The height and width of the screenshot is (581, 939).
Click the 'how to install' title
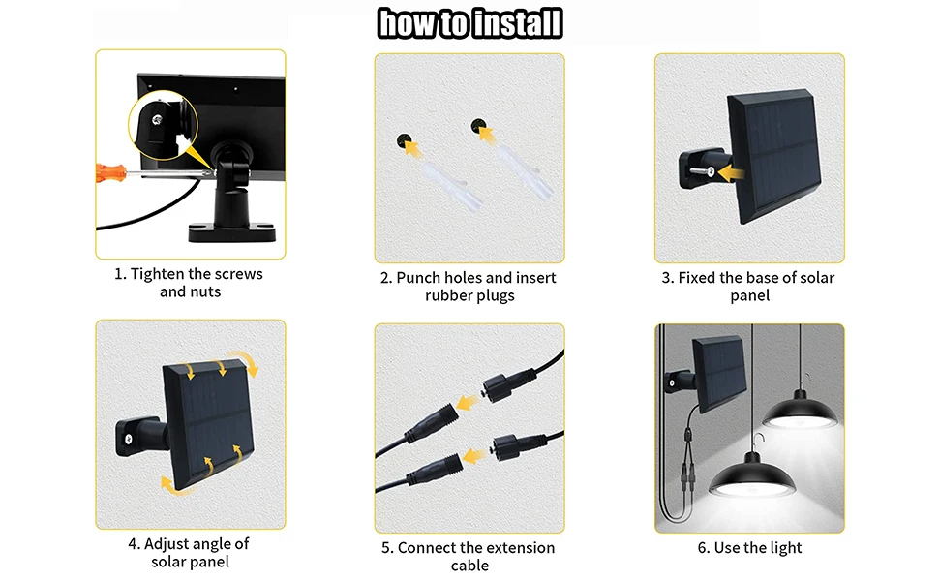pos(470,23)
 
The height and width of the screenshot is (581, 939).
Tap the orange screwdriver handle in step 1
pos(110,172)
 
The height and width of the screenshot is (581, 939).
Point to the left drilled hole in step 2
pos(405,140)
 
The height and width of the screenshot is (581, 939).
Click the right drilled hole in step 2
pos(478,127)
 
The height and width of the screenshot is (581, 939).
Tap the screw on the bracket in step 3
pos(703,172)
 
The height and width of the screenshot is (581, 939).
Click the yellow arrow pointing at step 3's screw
pos(731,173)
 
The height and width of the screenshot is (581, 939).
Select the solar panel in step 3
pos(773,156)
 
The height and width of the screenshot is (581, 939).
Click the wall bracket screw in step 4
pos(128,439)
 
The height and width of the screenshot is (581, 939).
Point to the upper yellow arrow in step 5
pos(468,400)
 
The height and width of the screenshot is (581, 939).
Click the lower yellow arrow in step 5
pos(473,456)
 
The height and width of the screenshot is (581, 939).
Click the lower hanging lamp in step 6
pos(751,476)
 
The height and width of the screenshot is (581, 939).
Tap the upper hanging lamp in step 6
pos(800,411)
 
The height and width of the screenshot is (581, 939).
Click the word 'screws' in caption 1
pos(238,274)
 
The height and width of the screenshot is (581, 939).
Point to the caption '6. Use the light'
pos(750,548)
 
